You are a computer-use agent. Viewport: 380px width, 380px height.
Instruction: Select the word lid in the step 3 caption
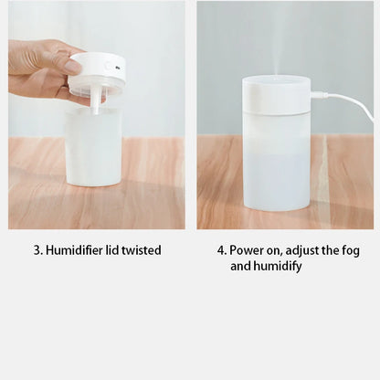[114, 249]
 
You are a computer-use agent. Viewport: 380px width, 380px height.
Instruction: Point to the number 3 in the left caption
[37, 249]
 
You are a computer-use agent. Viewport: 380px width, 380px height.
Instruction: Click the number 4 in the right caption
[220, 249]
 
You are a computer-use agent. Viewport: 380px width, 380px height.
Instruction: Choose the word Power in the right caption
[248, 249]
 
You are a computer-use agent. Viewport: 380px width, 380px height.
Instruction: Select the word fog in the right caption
[354, 249]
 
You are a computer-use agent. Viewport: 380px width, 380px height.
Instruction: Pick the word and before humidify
[240, 266]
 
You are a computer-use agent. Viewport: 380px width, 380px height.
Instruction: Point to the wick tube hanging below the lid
[94, 101]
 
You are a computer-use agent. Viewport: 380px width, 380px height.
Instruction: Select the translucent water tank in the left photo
[93, 151]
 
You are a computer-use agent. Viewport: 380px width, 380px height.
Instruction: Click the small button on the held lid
[108, 66]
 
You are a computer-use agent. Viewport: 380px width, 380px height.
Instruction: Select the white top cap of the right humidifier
[276, 95]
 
